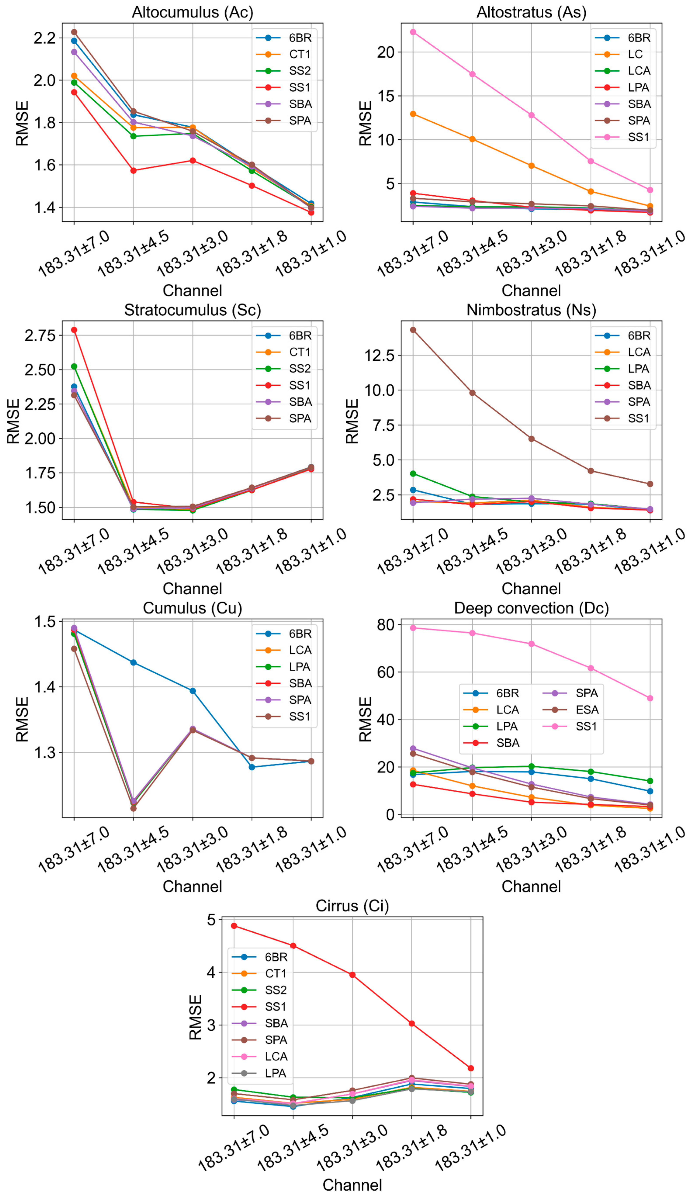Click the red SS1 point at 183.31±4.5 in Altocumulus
click(x=133, y=170)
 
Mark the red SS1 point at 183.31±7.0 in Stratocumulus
click(x=74, y=330)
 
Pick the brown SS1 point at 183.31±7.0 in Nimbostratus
click(x=413, y=330)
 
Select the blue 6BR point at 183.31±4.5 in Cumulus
click(x=133, y=662)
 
